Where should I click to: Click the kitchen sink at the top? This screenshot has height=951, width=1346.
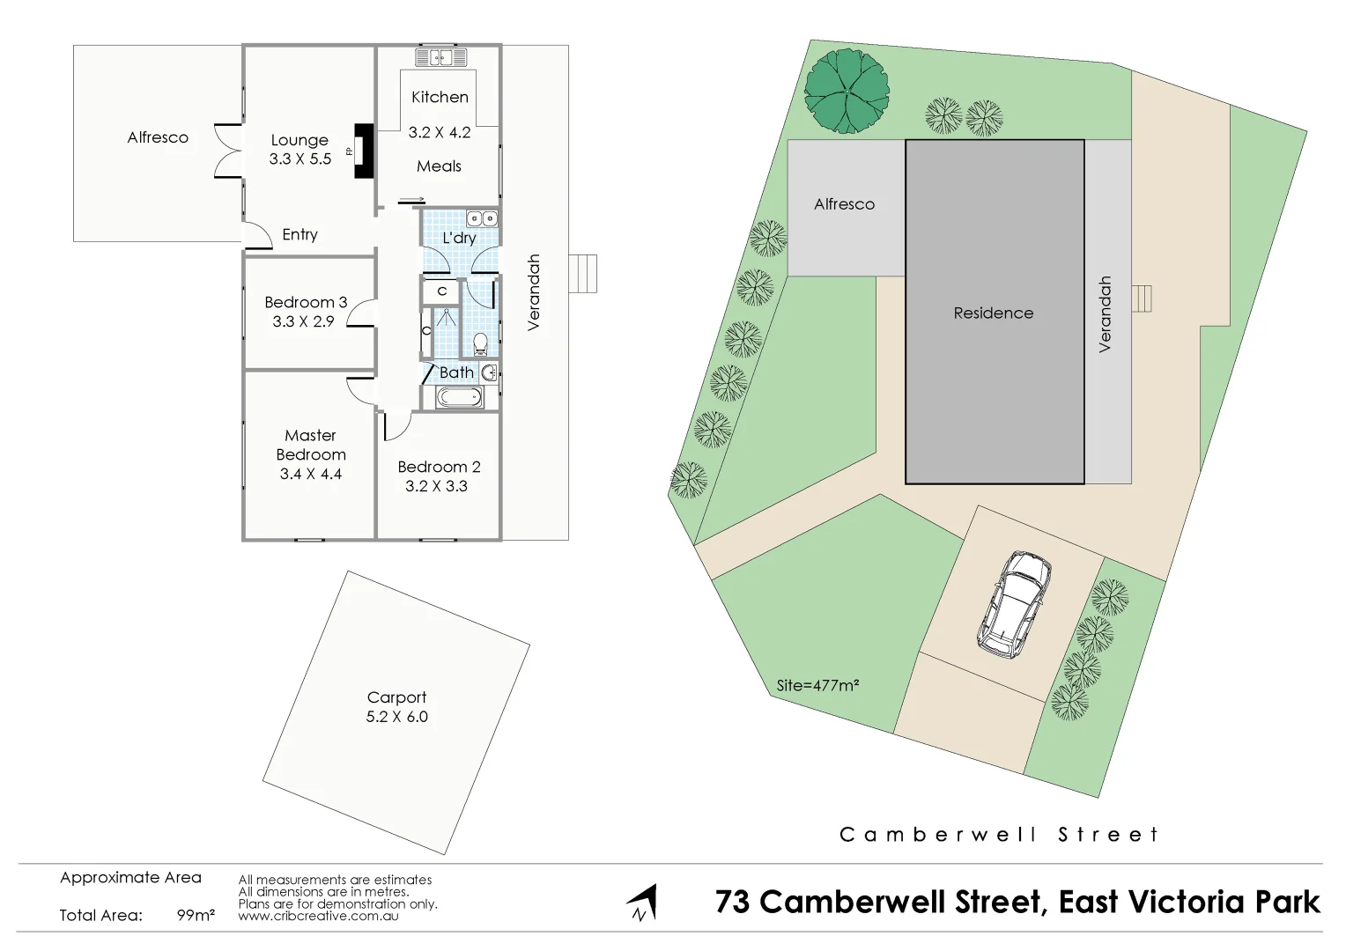pos(440,58)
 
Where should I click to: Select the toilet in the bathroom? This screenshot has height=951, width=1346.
pos(481,343)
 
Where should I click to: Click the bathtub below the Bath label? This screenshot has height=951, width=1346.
pos(460,398)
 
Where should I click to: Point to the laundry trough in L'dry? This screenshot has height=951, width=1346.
pos(482,218)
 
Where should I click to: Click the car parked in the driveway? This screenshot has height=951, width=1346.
pos(1014,605)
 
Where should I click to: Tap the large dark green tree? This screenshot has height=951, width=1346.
pos(847,91)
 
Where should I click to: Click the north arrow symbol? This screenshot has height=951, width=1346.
pos(642,903)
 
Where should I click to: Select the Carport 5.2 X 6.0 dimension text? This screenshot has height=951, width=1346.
pos(396,717)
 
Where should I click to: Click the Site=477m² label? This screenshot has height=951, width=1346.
pos(817,685)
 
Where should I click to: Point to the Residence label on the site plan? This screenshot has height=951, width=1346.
pos(994,313)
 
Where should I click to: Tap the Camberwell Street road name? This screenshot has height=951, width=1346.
pos(999,834)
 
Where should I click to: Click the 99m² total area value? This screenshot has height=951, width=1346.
pos(196,915)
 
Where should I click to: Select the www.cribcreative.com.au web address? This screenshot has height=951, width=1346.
pos(318,916)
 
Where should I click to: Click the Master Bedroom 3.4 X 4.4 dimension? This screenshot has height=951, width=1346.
pos(310,474)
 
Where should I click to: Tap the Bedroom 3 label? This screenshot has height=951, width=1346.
pos(306,302)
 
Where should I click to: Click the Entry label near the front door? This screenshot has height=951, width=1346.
pos(300,234)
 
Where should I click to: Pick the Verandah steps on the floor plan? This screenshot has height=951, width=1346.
pos(583,274)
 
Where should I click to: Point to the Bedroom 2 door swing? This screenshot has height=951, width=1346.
pos(396,426)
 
